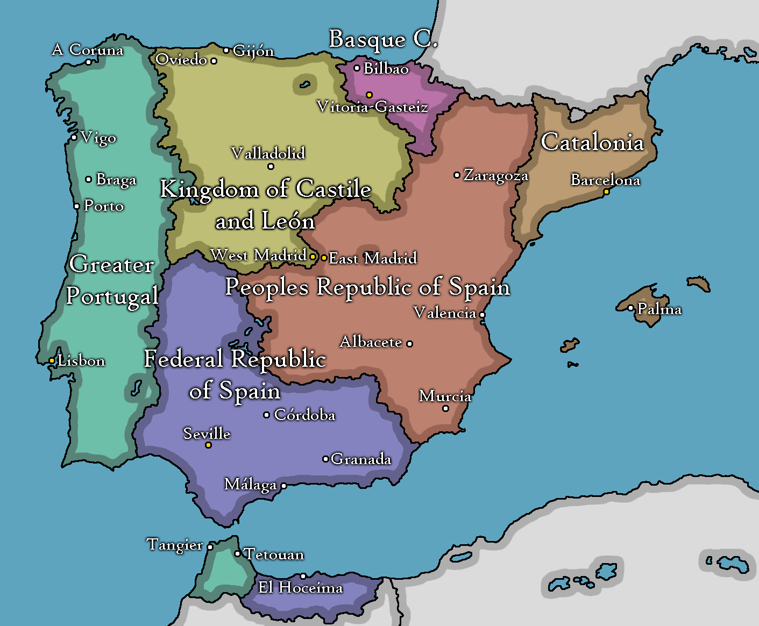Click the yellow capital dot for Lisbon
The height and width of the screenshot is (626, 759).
(52, 361)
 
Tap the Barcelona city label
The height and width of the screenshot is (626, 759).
(605, 180)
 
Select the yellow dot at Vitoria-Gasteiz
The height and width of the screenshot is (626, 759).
(369, 95)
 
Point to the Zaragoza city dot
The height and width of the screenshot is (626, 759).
(457, 175)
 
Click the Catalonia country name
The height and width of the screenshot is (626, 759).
(592, 143)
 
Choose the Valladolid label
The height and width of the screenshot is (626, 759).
(268, 153)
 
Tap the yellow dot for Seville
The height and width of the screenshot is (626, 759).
(208, 445)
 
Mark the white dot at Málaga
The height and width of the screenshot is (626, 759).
(283, 486)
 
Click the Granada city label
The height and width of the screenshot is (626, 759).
(361, 459)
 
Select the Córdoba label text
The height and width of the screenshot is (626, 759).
(304, 415)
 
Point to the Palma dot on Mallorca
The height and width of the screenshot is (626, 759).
(631, 308)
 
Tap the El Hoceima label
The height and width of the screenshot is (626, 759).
(300, 587)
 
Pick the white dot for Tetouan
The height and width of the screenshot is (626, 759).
(237, 553)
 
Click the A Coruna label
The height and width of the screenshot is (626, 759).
(88, 50)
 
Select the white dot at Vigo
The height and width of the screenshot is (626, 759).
(74, 138)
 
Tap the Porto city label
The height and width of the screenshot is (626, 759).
(104, 206)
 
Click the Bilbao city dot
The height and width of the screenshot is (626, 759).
(357, 68)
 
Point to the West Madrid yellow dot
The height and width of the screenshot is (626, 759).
(313, 257)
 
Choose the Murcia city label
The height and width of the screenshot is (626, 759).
(445, 396)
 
